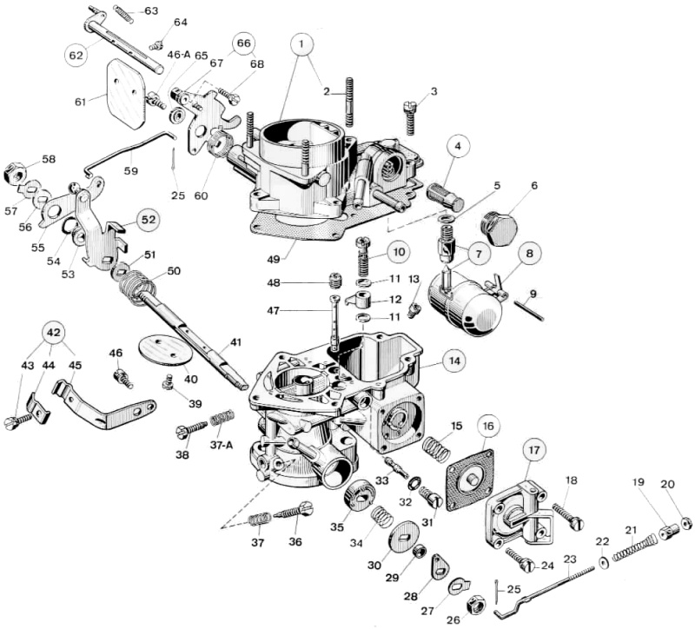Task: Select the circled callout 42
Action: click(54, 334)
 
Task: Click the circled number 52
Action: click(148, 220)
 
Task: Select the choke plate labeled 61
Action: click(126, 91)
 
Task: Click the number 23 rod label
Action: click(570, 559)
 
